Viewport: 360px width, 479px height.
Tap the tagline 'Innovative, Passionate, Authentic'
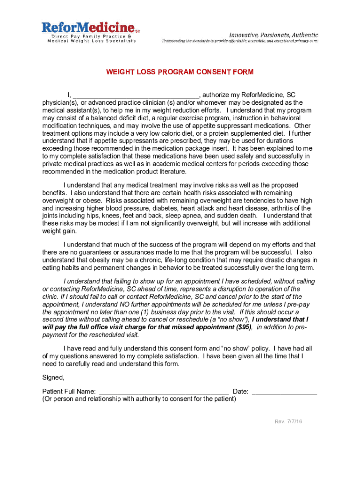point(273,35)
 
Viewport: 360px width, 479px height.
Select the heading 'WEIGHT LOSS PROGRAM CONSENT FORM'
point(180,72)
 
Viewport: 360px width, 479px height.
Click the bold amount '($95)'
point(244,327)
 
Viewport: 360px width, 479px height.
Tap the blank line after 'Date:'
point(284,392)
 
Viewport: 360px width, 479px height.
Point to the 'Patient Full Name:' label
point(69,392)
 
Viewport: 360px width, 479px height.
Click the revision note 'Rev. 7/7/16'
point(288,421)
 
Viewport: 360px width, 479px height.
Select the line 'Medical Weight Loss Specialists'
point(92,41)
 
